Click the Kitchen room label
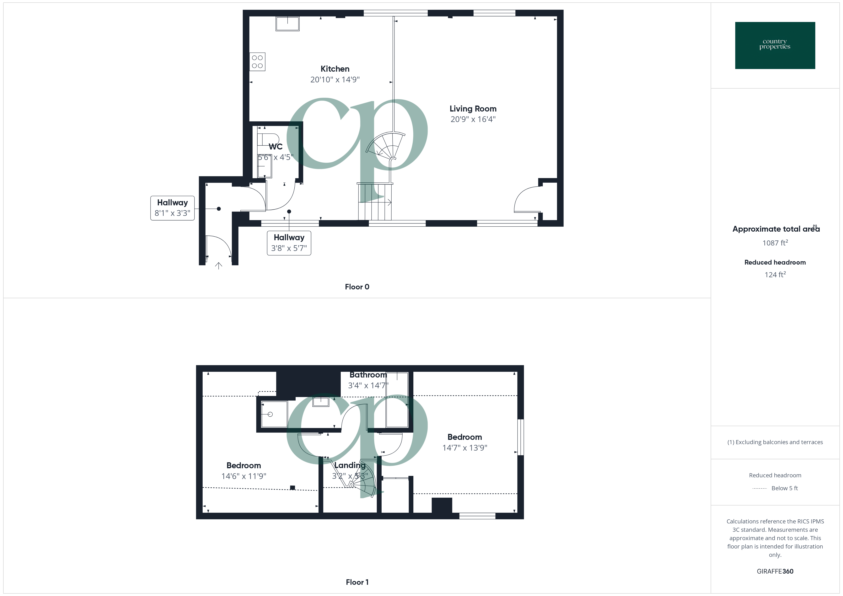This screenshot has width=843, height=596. (335, 69)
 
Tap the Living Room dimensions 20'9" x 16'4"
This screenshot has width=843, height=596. (473, 119)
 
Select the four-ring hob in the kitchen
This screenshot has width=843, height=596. (257, 62)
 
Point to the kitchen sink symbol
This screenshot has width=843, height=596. (287, 24)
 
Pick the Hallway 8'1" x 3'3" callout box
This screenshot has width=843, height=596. (172, 208)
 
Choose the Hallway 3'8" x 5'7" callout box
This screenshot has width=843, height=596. (289, 243)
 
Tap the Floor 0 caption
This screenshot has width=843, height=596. (357, 287)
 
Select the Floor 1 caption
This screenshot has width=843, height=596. (357, 582)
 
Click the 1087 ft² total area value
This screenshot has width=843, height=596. (775, 243)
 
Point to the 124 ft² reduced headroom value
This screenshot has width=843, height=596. (775, 275)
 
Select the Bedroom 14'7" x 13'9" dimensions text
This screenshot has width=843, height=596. (465, 448)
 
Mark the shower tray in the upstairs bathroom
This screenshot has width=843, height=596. (274, 414)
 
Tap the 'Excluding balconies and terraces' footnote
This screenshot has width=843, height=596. (775, 442)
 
